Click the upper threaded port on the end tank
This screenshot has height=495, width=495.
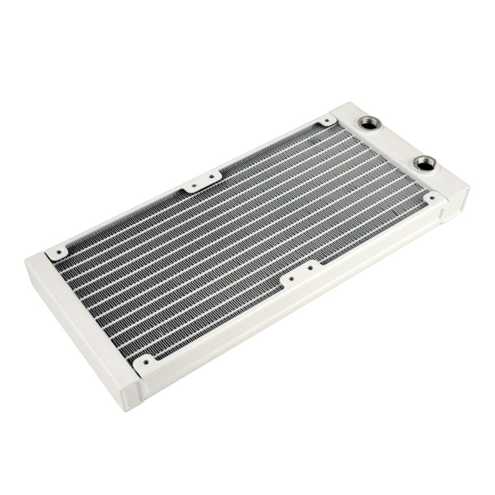coord(369,123)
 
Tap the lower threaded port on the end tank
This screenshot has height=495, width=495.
coord(424,163)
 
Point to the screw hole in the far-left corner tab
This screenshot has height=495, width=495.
coord(58,251)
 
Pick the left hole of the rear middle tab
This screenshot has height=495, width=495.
coord(194,184)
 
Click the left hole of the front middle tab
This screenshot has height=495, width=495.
coord(291,279)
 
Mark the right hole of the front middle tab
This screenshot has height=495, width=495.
coord(310,269)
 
